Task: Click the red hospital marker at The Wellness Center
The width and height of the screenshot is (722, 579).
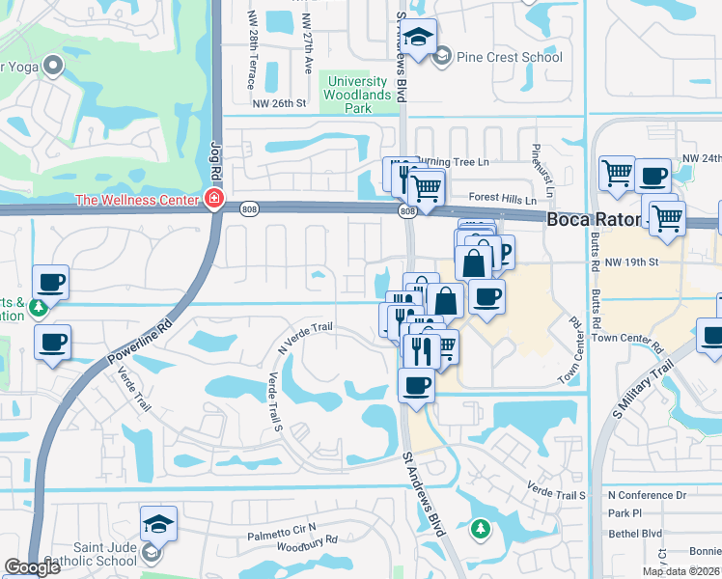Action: (x=212, y=200)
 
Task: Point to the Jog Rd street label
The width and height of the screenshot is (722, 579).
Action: (x=215, y=159)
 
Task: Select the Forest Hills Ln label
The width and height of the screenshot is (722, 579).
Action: (x=502, y=198)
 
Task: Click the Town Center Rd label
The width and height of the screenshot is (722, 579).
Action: (x=628, y=338)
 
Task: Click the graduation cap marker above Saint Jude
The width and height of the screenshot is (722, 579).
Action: (x=158, y=523)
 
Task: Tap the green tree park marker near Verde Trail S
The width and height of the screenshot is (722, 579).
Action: (x=480, y=529)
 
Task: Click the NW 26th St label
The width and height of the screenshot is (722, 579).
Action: (x=279, y=103)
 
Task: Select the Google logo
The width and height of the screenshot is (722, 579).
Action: (x=32, y=567)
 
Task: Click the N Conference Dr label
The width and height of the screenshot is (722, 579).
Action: (x=647, y=495)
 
